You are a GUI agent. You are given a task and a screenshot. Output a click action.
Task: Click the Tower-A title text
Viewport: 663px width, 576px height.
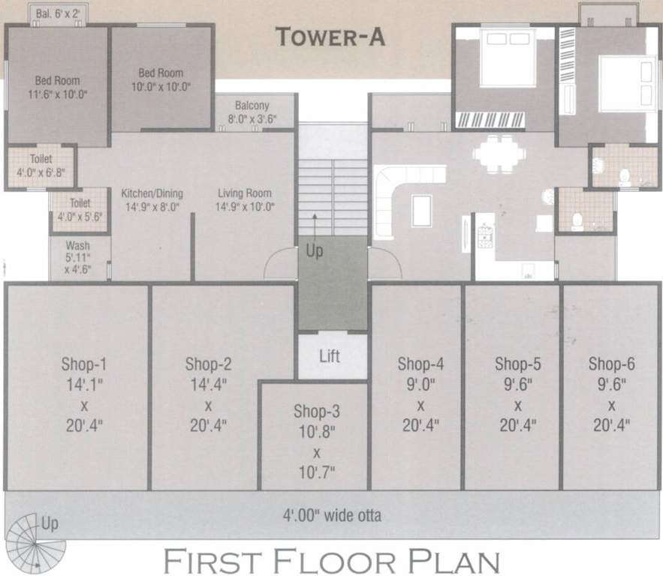(x=330, y=37)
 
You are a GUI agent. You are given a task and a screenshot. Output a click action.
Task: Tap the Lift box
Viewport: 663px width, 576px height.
(x=330, y=356)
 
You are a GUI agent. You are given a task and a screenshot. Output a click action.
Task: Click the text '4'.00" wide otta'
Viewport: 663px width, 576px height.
(x=331, y=515)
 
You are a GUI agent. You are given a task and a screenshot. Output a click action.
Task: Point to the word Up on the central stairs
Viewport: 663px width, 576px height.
(x=315, y=252)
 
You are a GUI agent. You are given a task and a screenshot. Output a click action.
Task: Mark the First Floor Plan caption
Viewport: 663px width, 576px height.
(x=331, y=560)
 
